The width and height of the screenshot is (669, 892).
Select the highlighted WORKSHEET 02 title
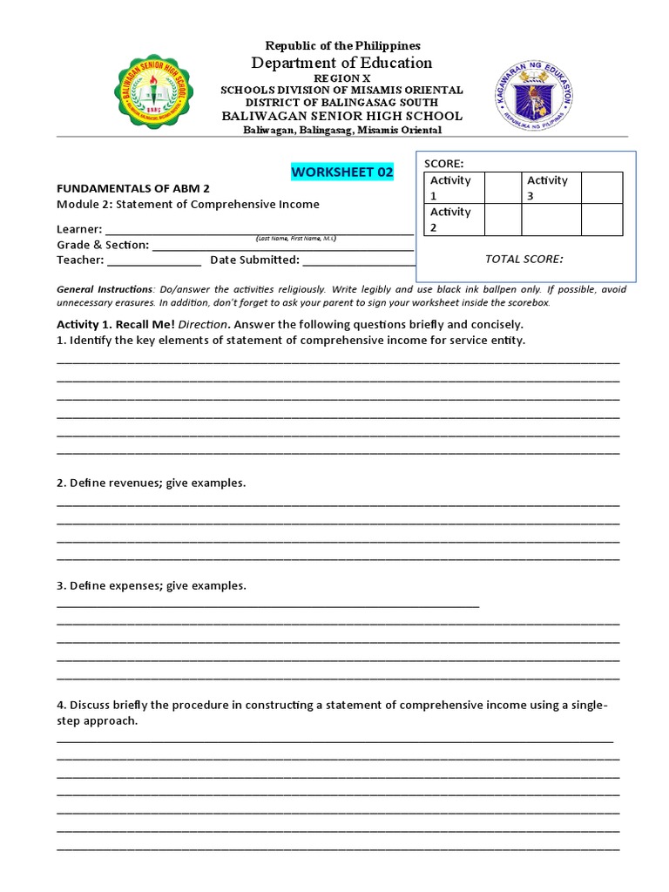pyautogui.click(x=342, y=172)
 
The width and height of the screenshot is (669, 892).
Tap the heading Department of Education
pyautogui.click(x=341, y=63)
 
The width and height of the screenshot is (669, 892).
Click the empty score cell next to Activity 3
pyautogui.click(x=602, y=187)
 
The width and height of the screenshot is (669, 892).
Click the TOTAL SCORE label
pyautogui.click(x=523, y=259)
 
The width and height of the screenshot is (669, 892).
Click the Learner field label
pyautogui.click(x=79, y=229)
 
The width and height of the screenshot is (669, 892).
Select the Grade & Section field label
pyautogui.click(x=103, y=245)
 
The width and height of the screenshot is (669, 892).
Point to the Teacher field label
pyautogui.click(x=80, y=260)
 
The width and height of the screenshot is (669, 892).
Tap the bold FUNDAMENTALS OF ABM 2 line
pyautogui.click(x=133, y=188)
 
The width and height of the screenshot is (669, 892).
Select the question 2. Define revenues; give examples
pyautogui.click(x=152, y=483)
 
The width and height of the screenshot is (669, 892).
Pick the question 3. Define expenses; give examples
pyautogui.click(x=152, y=585)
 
